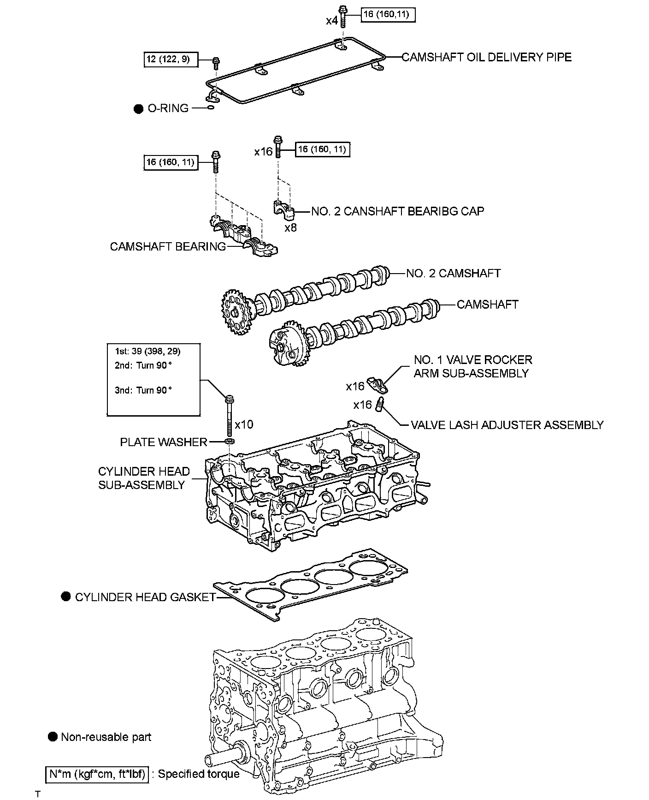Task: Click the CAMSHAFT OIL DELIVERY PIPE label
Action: pos(486,57)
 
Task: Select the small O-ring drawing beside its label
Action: pos(211,108)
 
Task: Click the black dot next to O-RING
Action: pos(138,109)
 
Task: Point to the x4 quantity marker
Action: pos(332,21)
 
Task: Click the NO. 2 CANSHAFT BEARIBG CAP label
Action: pos(397,211)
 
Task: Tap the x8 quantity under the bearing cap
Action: pos(290,227)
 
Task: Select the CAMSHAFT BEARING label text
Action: pos(168,246)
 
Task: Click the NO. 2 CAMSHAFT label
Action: pos(453,273)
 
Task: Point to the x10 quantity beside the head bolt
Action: pos(244,424)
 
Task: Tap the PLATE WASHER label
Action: pos(164,442)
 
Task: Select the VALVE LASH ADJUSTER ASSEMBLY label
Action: pos(507,425)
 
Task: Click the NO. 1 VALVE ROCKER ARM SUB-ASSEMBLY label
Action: pos(472,366)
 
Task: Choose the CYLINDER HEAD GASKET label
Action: pos(145,597)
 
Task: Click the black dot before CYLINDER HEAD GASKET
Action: pos(66,597)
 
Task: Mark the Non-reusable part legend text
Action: pos(106,737)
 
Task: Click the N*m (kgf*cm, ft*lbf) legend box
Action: pos(97,774)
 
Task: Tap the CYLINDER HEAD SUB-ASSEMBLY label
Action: pos(144,478)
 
